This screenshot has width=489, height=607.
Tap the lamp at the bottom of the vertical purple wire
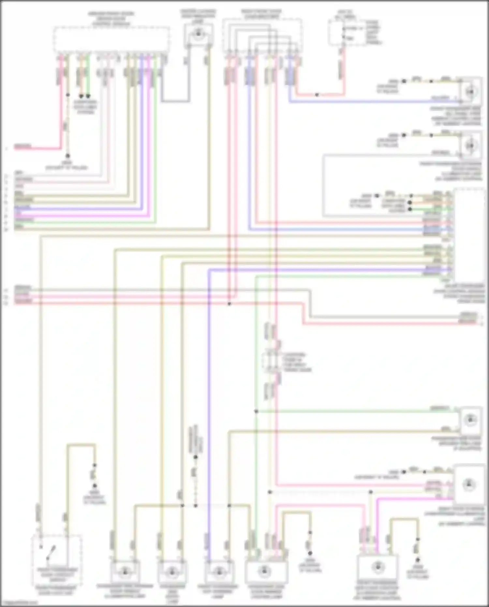tap(219, 571)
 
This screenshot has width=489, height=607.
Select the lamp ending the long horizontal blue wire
tap(470, 92)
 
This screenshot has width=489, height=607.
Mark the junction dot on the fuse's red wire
tap(317, 95)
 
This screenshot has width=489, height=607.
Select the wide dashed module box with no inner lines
tap(111, 39)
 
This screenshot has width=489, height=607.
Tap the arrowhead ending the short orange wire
tap(81, 97)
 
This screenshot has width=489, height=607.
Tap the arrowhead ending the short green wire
tap(88, 97)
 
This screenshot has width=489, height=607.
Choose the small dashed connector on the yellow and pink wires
tap(272, 362)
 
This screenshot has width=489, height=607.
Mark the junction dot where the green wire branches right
tap(256, 412)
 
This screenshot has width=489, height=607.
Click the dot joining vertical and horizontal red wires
tap(229, 304)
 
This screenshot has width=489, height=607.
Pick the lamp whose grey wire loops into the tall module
tap(470, 145)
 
